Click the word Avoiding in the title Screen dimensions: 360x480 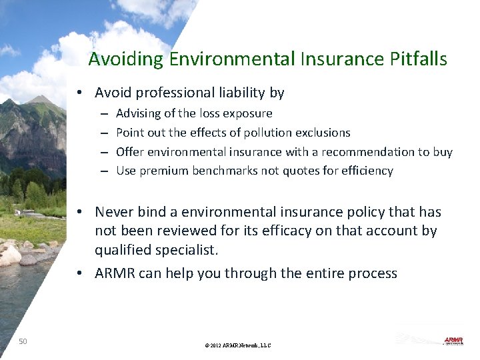point(126,59)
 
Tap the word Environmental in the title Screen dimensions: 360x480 point(231,59)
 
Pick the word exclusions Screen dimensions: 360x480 point(320,133)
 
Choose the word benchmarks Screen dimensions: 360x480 point(224,171)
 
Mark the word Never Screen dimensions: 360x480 point(114,212)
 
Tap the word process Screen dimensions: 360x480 point(373,273)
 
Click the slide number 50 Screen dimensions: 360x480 point(23,341)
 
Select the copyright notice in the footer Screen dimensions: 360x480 point(238,345)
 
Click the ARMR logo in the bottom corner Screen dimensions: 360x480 point(454,341)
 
